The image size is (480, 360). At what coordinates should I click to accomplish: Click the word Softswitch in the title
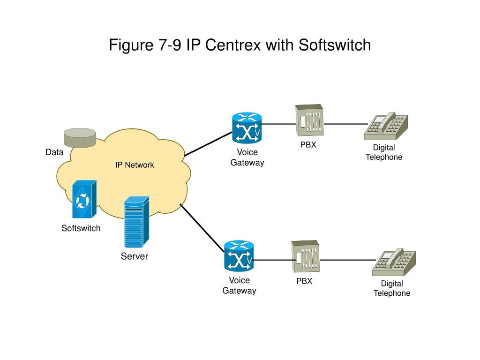pyautogui.click(x=334, y=45)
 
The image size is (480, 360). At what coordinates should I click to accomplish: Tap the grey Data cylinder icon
pyautogui.click(x=80, y=137)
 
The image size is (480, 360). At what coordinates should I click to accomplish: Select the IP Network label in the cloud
pyautogui.click(x=135, y=165)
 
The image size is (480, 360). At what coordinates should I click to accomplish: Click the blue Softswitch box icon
pyautogui.click(x=84, y=200)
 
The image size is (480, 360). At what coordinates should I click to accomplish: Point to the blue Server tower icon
pyautogui.click(x=136, y=222)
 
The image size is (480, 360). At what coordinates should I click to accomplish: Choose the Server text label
pyautogui.click(x=135, y=256)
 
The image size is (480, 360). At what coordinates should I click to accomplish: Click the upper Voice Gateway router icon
pyautogui.click(x=247, y=127)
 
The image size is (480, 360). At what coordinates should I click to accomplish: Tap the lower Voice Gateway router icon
pyautogui.click(x=239, y=255)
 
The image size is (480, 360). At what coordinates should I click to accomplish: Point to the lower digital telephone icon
pyautogui.click(x=394, y=262)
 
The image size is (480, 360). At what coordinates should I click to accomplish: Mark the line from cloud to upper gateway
pyautogui.click(x=209, y=143)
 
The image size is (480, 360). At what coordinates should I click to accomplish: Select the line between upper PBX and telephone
pyautogui.click(x=345, y=124)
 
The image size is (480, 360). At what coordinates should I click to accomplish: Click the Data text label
pyautogui.click(x=54, y=152)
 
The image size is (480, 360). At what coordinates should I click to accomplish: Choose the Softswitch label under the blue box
pyautogui.click(x=81, y=229)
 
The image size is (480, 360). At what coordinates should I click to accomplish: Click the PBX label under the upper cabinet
pyautogui.click(x=308, y=145)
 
